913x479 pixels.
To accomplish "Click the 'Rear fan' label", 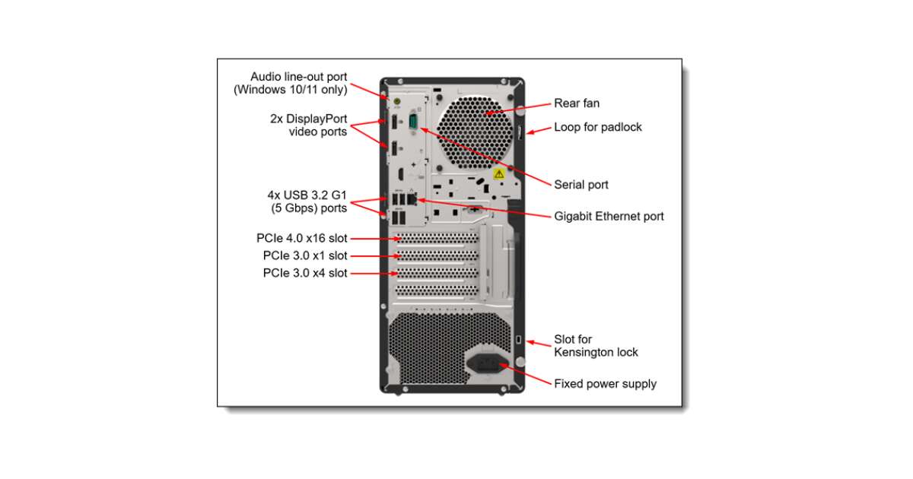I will coord(577,103).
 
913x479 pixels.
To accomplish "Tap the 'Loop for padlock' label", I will coord(597,127).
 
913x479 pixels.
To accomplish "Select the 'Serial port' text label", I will coord(581,185).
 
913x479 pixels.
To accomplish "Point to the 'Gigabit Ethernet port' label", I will coord(609,217).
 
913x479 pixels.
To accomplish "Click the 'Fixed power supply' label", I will coord(605,384).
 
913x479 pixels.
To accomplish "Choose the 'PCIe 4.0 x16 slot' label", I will coord(301,238).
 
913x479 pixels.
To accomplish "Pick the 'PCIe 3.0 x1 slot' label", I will coord(304,255).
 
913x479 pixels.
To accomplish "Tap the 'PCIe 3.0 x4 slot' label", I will coord(304,273).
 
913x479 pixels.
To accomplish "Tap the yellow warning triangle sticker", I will coord(499,174).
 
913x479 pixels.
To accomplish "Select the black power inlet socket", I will coord(488,363).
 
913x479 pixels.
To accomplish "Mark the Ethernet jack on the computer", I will coord(412,199).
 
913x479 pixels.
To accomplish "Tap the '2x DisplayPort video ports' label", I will coord(308,125).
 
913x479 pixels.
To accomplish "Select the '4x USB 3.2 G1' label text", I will coord(308,195).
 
